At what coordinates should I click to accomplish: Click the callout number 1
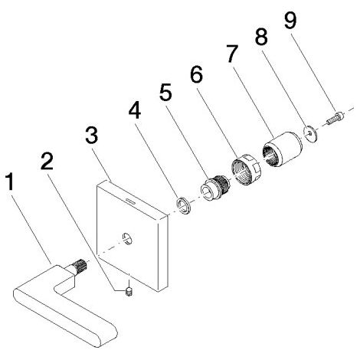(10, 182)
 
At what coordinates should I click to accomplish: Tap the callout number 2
(47, 161)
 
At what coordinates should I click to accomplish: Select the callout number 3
(91, 136)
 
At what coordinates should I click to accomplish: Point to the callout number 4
(135, 110)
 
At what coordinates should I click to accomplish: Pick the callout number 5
(165, 93)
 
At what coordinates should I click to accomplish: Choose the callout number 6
(196, 74)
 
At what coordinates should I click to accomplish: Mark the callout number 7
(232, 54)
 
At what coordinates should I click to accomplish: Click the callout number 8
(261, 37)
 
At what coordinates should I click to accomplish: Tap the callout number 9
(291, 20)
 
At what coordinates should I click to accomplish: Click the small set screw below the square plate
(129, 291)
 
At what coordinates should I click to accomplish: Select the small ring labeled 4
(184, 205)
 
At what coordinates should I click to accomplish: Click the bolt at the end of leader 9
(335, 118)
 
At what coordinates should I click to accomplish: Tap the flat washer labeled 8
(310, 133)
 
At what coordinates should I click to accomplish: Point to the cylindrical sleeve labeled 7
(283, 149)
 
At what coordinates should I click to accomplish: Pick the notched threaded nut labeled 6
(246, 169)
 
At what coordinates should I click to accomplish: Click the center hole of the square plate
(127, 238)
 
